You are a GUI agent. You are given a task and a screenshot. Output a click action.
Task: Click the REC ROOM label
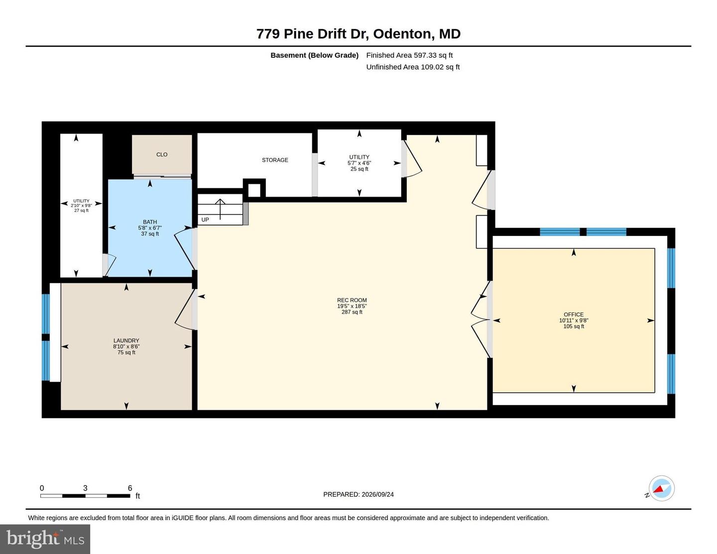tap(352, 300)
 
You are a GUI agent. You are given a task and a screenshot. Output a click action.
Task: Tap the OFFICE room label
tap(574, 315)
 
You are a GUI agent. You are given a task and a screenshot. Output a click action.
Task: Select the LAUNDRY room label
tap(126, 340)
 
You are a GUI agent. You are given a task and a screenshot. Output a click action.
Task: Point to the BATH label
tap(150, 222)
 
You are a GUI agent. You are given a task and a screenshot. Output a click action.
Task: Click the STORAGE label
tap(275, 160)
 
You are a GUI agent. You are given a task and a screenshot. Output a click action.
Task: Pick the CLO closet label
tap(162, 154)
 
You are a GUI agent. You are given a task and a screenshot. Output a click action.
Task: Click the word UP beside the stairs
tap(205, 220)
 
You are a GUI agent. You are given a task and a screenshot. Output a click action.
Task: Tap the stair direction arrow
tap(220, 209)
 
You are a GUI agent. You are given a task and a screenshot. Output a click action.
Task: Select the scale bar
tap(85, 496)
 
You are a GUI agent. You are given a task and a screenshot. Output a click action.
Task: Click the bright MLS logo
tap(45, 539)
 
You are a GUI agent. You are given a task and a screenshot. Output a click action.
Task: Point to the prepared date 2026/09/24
tap(377, 494)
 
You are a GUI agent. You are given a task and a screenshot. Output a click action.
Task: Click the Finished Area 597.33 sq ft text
tap(409, 55)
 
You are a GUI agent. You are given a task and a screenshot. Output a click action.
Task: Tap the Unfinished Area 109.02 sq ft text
tap(413, 67)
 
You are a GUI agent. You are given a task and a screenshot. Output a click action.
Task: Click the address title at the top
tap(358, 34)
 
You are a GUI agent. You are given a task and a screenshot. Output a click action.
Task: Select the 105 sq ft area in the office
tap(574, 326)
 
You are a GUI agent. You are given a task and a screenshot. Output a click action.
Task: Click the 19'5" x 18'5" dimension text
tap(352, 306)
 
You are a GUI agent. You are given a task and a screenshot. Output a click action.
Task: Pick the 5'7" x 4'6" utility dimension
tap(359, 163)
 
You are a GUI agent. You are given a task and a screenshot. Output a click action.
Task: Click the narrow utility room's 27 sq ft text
tap(81, 211)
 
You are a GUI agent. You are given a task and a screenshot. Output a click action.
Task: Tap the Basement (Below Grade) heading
tap(315, 55)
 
